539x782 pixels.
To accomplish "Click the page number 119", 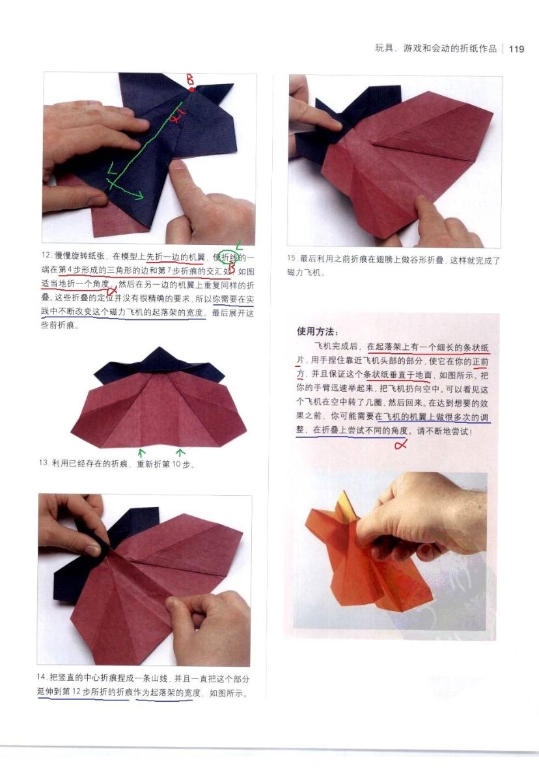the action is pyautogui.click(x=516, y=49).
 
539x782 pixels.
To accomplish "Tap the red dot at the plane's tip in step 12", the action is pyautogui.click(x=191, y=90).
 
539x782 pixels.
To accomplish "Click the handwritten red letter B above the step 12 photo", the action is pyautogui.click(x=190, y=80).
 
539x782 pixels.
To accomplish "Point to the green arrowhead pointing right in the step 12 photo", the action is pyautogui.click(x=140, y=195).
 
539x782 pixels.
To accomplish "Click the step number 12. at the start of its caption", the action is pyautogui.click(x=47, y=255).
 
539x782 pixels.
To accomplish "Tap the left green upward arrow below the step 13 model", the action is pyautogui.click(x=141, y=454).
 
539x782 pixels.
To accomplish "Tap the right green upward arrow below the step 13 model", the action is pyautogui.click(x=180, y=453).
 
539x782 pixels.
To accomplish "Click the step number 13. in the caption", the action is pyautogui.click(x=44, y=463).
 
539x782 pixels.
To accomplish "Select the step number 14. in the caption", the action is pyautogui.click(x=42, y=677).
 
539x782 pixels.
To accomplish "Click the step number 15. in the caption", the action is pyautogui.click(x=292, y=259).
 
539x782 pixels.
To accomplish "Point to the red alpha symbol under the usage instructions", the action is pyautogui.click(x=401, y=444).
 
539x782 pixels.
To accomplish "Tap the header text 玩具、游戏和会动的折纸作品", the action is pyautogui.click(x=435, y=48).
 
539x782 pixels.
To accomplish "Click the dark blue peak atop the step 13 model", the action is pyautogui.click(x=159, y=355).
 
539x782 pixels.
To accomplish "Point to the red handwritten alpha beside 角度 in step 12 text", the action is pyautogui.click(x=112, y=291).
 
